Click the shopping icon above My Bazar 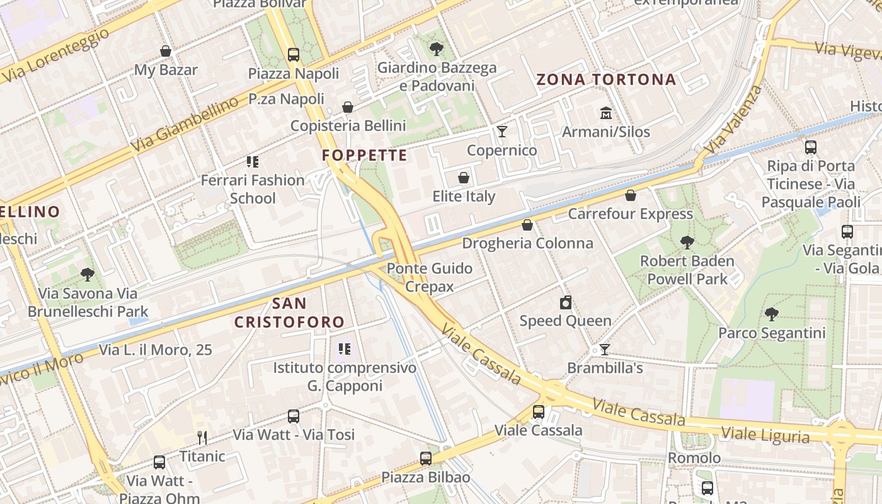[x=166, y=51]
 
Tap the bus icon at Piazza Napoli [x=293, y=55]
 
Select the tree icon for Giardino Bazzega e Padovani [x=436, y=49]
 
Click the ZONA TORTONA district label [x=606, y=79]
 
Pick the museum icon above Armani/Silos [x=606, y=113]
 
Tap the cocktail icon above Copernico [x=501, y=132]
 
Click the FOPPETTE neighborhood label [x=364, y=155]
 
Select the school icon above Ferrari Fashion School [x=253, y=162]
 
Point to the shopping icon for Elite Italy [x=464, y=178]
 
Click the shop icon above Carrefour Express [x=630, y=195]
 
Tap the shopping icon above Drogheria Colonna [x=527, y=225]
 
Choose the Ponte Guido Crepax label [x=430, y=277]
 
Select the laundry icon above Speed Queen [x=565, y=302]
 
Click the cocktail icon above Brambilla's [x=605, y=349]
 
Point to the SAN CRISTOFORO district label [x=290, y=312]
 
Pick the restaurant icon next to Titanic [x=202, y=437]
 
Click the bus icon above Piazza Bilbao [x=426, y=459]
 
